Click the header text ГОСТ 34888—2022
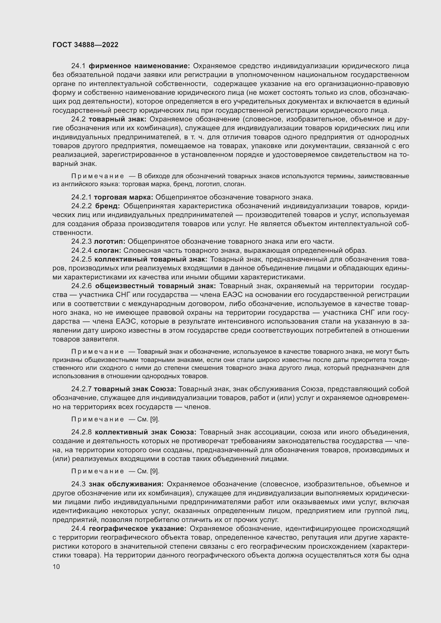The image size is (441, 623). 85,45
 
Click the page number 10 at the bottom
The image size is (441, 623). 56,567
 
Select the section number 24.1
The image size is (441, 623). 78,66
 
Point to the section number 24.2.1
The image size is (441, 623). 82,197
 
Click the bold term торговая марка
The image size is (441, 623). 123,197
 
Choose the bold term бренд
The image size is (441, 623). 107,206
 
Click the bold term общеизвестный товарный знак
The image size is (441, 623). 155,286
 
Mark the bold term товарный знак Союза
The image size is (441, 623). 135,389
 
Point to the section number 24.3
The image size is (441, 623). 78,484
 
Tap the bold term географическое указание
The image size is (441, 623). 138,528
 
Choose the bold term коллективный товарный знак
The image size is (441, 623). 151,259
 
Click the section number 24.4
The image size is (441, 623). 78,528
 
